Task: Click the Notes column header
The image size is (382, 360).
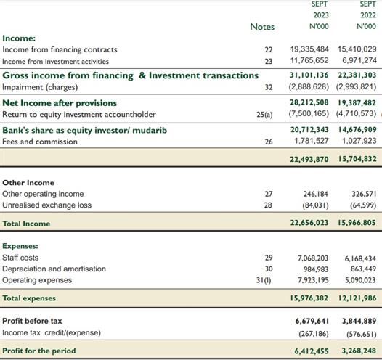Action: (x=262, y=27)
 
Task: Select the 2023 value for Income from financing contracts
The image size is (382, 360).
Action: (x=309, y=49)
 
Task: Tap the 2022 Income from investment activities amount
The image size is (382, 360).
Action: (x=359, y=60)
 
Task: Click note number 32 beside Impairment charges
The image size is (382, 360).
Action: (x=269, y=87)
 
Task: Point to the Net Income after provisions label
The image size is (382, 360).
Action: (x=60, y=103)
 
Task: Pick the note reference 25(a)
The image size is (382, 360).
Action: (x=264, y=115)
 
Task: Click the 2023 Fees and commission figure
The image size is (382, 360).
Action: (x=312, y=141)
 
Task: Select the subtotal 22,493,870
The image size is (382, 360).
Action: (x=309, y=159)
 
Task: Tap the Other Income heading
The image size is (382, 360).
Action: (x=28, y=183)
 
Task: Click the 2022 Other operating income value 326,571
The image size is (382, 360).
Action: (x=364, y=194)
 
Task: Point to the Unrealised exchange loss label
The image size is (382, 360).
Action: (x=46, y=205)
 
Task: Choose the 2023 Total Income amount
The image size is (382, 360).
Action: (x=309, y=223)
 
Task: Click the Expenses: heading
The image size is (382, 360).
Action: (x=20, y=246)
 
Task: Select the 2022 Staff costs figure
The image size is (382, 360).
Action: (x=360, y=258)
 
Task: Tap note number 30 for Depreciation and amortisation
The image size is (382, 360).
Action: (x=269, y=269)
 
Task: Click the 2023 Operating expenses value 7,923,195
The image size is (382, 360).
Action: (x=313, y=280)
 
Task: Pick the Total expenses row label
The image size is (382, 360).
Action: (x=29, y=298)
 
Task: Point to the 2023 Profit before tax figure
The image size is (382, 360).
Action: (x=312, y=321)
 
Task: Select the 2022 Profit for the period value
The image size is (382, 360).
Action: (x=359, y=351)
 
